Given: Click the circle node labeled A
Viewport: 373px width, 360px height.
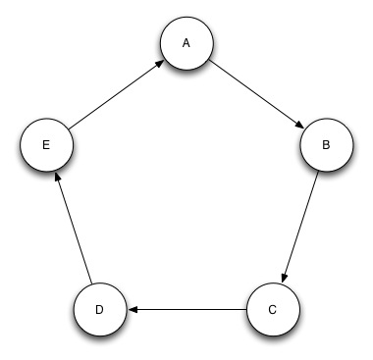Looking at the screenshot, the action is point(187,45).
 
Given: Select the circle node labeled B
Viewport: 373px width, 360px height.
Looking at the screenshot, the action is point(325,145).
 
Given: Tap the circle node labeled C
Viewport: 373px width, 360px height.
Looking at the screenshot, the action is point(273,310).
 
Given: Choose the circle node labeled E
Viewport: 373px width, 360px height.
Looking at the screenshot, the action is point(46,145).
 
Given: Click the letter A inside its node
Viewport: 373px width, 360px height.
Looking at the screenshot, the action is point(186,44).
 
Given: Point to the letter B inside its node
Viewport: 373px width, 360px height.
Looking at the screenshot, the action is point(325,145).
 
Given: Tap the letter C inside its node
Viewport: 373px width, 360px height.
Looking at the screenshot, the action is point(273,310).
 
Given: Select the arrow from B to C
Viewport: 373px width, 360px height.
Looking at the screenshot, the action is point(299,227).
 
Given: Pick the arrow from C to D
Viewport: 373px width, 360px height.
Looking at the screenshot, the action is point(186,310).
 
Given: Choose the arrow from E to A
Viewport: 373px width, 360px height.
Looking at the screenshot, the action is point(116,95).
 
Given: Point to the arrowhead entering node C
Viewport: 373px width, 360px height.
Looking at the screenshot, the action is point(285,277).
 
